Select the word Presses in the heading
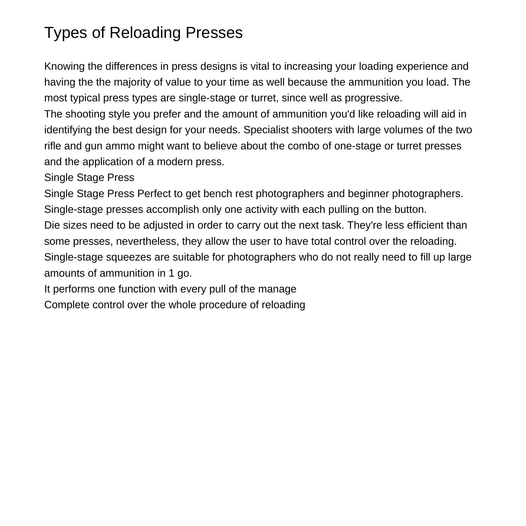click(214, 33)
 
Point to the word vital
click(259, 66)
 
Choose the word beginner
click(368, 194)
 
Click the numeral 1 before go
click(171, 273)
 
